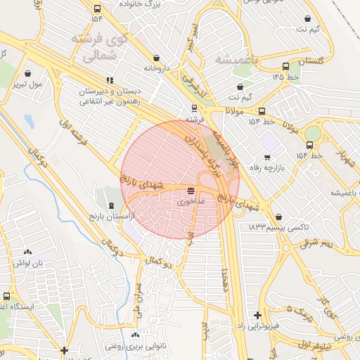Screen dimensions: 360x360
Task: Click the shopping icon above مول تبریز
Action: pyautogui.click(x=27, y=73)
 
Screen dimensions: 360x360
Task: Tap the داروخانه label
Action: pyautogui.click(x=157, y=69)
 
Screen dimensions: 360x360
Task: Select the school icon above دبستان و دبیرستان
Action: pyautogui.click(x=109, y=81)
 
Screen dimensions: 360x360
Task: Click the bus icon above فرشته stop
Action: pyautogui.click(x=193, y=109)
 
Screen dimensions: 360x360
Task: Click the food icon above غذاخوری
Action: pyautogui.click(x=191, y=191)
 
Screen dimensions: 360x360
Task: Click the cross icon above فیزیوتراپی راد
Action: pyautogui.click(x=257, y=316)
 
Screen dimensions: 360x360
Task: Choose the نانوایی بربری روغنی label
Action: pyautogui.click(x=136, y=345)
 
